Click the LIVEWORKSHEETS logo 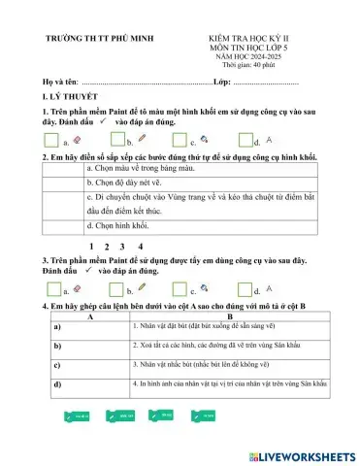(x=301, y=455)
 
